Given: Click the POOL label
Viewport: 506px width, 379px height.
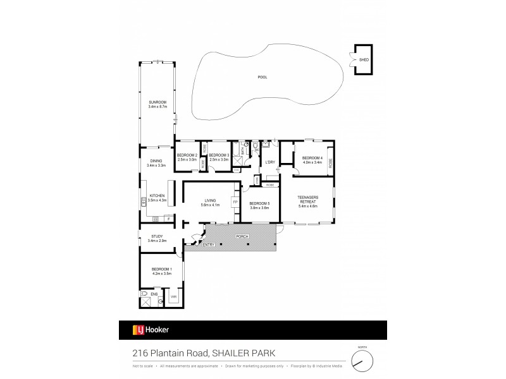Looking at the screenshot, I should [262, 77].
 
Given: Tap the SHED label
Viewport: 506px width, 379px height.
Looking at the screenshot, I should [363, 60].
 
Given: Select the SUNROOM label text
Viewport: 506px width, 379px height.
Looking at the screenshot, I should [157, 102].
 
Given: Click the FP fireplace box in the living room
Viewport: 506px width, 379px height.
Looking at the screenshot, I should [235, 202].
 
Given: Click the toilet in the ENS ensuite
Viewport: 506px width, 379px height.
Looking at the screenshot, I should [145, 294].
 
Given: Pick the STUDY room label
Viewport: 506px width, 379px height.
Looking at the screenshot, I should [157, 236].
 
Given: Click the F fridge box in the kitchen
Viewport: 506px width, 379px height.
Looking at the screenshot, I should [168, 219].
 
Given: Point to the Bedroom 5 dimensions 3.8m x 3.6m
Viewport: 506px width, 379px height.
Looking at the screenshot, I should [259, 207].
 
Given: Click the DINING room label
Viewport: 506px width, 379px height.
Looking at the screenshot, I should [156, 161].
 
